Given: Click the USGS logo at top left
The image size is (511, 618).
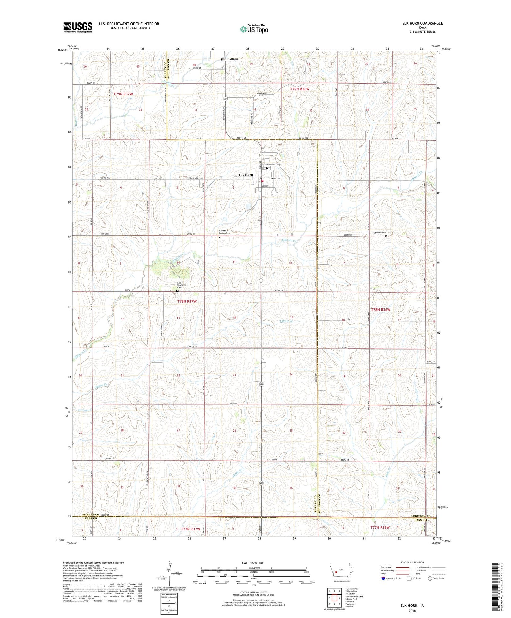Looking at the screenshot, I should coord(78,27).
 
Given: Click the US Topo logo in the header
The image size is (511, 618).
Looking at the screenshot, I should coord(254,29).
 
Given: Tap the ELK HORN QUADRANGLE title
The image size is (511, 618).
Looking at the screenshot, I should coord(422,23).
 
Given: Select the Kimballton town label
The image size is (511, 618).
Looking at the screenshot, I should coord(230,59).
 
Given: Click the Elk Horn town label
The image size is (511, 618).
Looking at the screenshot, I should coord(246,175).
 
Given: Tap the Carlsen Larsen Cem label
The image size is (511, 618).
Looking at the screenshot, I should coord(224,232).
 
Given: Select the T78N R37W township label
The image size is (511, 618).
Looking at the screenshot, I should coord(187,301).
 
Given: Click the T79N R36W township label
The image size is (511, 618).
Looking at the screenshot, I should coord(300,89).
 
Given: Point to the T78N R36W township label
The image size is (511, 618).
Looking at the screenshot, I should coord(380,310).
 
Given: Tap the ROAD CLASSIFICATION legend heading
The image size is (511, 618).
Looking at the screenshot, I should coord(412,562).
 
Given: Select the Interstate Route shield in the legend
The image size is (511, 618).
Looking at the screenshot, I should coord(383,578).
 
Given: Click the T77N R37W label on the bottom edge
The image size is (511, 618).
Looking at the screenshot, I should coord(190,529).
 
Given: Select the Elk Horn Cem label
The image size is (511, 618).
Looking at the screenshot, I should coord(273,164).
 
